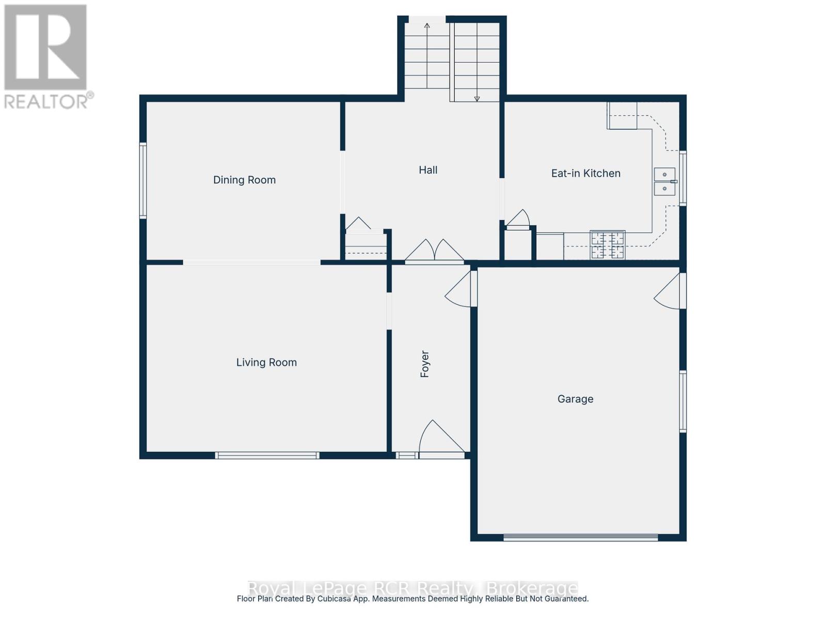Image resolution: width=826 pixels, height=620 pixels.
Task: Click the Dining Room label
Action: [244, 180]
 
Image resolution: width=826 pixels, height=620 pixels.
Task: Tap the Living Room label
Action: [266, 363]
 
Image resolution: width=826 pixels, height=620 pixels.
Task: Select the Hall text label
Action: [428, 170]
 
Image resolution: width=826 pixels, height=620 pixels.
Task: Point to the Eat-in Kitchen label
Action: [585, 174]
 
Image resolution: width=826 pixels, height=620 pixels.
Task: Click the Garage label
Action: [575, 399]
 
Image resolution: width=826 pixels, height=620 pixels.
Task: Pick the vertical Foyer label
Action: [425, 364]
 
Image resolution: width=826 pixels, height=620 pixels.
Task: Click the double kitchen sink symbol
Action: [664, 181]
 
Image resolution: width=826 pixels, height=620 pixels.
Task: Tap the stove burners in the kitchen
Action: [608, 245]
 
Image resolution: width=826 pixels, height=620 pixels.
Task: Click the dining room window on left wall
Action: [143, 180]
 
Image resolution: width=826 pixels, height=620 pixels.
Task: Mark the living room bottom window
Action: [267, 455]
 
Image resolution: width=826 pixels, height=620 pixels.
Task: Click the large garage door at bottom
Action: [580, 537]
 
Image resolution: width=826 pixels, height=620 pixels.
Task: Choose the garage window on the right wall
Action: [682, 401]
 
